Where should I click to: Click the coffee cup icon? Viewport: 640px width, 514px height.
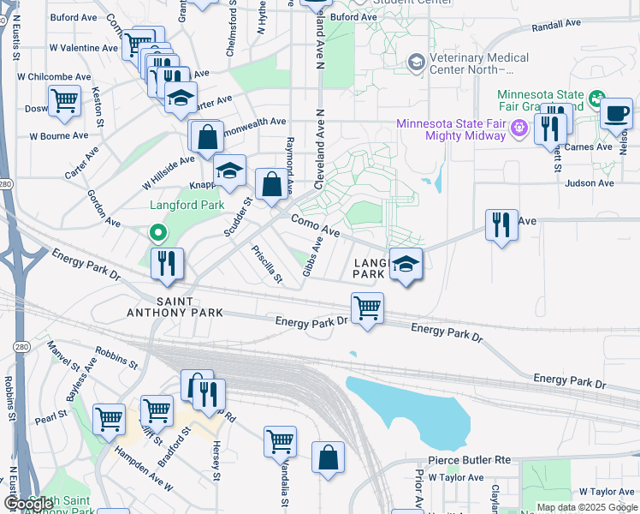(x=615, y=113)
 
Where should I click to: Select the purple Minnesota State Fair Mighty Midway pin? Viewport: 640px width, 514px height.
(x=518, y=129)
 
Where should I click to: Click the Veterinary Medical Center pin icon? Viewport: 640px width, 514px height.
(x=416, y=63)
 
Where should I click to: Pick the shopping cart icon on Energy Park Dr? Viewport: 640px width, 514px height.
(x=367, y=308)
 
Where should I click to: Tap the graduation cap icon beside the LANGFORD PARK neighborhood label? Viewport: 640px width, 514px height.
(x=406, y=264)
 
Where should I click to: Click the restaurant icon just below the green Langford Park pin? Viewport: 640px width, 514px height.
(x=167, y=264)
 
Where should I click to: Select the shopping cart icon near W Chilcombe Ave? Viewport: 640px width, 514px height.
(x=65, y=101)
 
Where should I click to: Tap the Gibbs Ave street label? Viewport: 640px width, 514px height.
(x=312, y=257)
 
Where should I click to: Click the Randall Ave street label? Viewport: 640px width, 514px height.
(x=558, y=27)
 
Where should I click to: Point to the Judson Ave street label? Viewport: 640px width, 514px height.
(x=590, y=182)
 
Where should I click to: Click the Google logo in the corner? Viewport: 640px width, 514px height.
(x=29, y=504)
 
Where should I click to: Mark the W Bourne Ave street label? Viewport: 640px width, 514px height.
(x=58, y=135)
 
